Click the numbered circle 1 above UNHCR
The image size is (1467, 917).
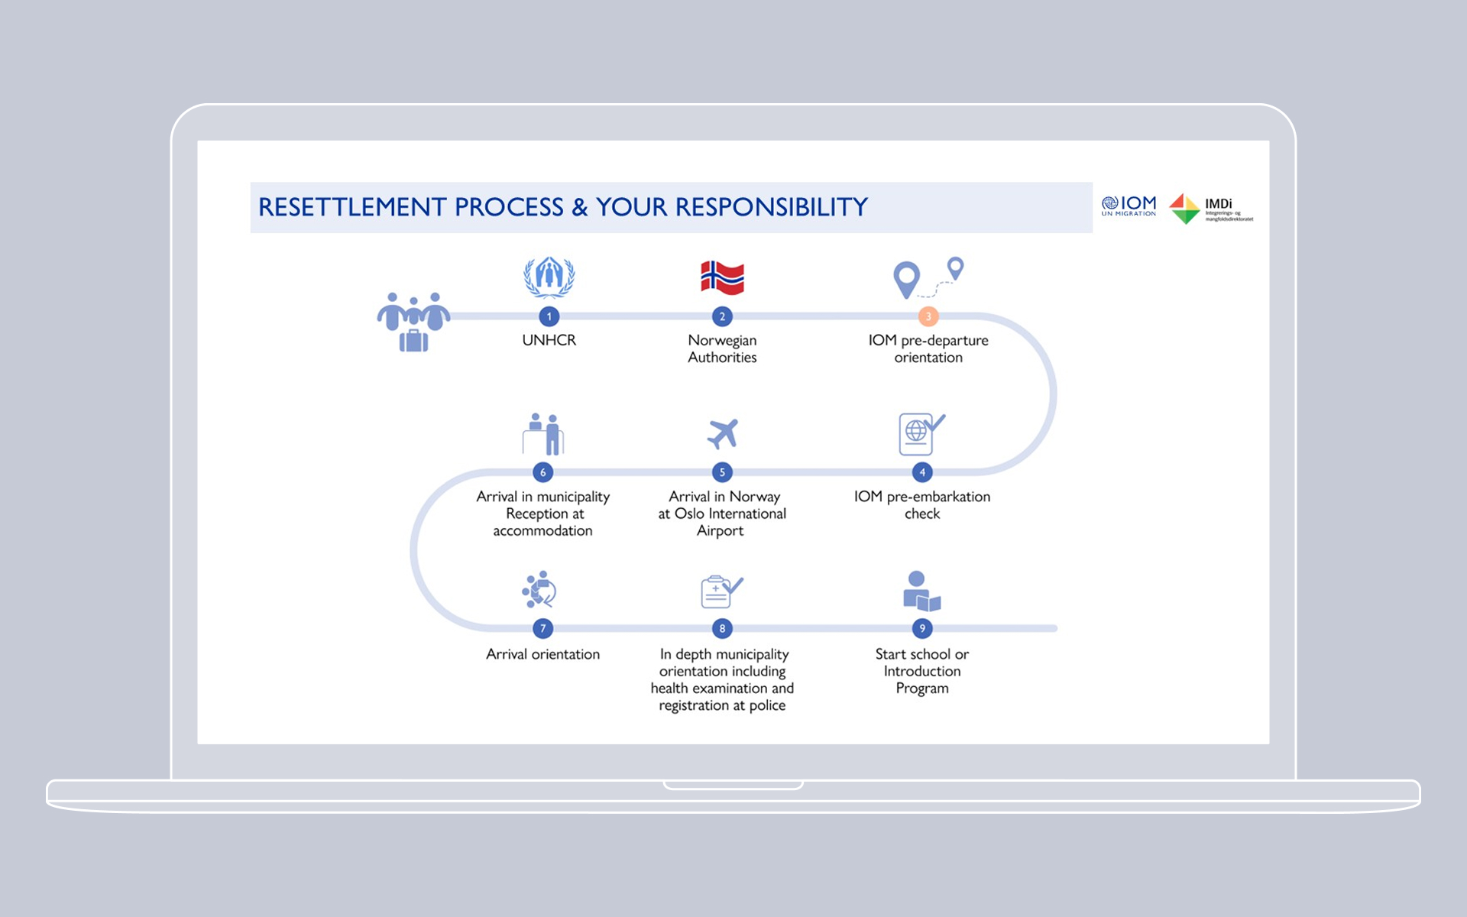[x=549, y=316]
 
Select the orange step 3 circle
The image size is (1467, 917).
[x=928, y=316]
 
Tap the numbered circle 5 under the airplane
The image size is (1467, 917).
[x=722, y=472]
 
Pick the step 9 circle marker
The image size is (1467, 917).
[x=922, y=628]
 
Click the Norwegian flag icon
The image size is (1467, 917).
[x=722, y=277]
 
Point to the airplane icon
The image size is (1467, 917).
[x=723, y=434]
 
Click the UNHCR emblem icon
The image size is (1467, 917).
[x=549, y=277]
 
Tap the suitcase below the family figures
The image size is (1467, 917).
[x=413, y=341]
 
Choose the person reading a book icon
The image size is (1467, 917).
[x=921, y=591]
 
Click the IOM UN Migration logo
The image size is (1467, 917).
[x=1129, y=206]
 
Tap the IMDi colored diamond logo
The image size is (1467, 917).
[x=1185, y=209]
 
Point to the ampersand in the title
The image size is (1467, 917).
[x=580, y=207]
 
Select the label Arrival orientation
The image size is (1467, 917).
[x=542, y=654]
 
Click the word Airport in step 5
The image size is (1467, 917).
[x=720, y=531]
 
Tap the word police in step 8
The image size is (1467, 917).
[x=767, y=705]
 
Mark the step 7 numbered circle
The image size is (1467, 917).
[x=543, y=628]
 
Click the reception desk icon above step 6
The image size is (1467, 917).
[x=543, y=434]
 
